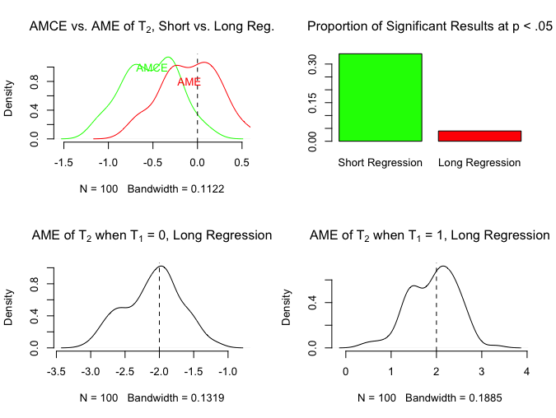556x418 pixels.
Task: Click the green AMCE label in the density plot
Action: (x=152, y=68)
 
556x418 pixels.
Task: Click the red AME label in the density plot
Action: (x=189, y=81)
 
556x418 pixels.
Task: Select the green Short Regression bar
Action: (x=380, y=97)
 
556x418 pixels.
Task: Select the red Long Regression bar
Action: (x=479, y=136)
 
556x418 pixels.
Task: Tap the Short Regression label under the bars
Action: (x=380, y=163)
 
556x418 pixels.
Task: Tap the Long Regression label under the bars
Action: (x=479, y=163)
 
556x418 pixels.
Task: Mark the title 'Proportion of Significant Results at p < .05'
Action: (x=430, y=27)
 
